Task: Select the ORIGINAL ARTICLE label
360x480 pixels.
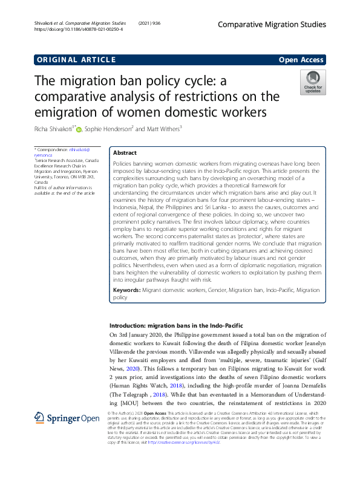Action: point(76,59)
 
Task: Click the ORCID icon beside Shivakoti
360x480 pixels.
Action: point(79,128)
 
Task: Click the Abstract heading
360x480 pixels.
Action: point(125,153)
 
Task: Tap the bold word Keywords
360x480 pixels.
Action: point(126,290)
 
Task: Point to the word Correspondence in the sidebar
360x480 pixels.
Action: point(55,149)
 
